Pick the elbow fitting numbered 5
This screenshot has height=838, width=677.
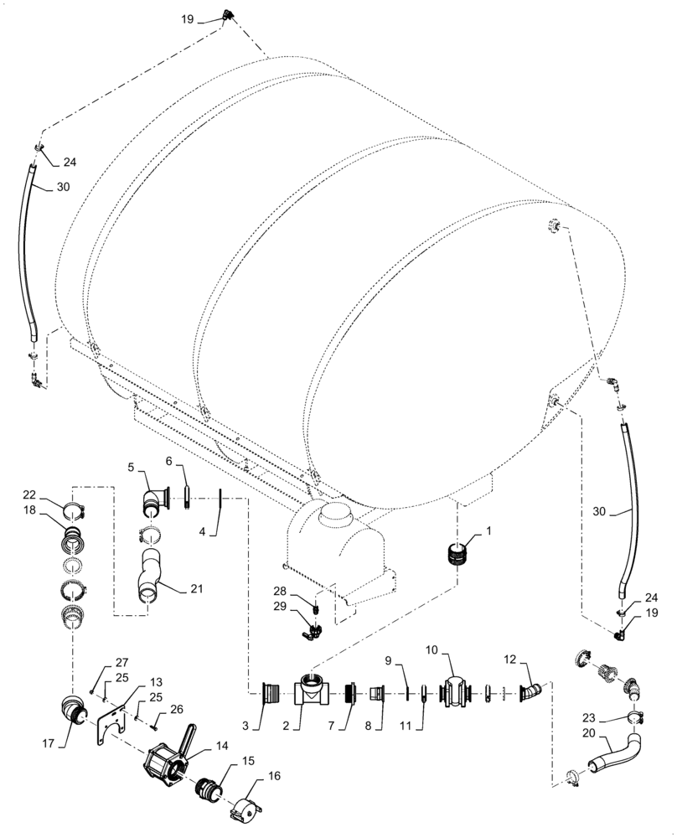point(154,501)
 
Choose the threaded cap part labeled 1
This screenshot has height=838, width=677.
point(459,553)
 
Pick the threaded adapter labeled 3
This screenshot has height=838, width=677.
point(271,694)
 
